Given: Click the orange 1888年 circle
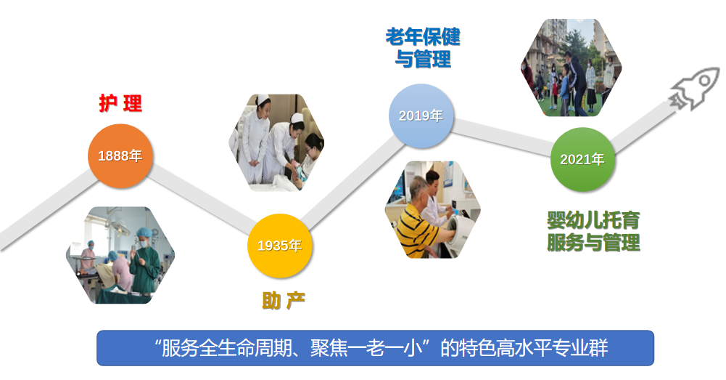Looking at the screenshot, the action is click(120, 155).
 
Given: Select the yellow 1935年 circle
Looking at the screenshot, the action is click(280, 246).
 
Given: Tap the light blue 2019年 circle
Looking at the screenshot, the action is click(421, 116).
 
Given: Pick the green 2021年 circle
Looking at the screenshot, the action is click(582, 159).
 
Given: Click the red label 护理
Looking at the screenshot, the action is click(120, 103).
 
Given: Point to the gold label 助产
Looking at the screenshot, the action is click(284, 301).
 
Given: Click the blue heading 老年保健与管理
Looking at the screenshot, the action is click(423, 48).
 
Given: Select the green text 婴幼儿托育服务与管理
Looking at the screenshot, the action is click(593, 231).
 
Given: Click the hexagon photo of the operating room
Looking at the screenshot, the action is click(120, 255).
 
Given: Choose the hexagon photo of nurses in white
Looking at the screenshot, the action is click(277, 142).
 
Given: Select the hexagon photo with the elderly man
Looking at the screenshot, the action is click(432, 210).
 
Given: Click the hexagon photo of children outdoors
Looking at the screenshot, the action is click(571, 68).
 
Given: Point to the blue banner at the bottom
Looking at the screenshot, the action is click(375, 348).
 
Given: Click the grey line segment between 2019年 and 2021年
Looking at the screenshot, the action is click(501, 137).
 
